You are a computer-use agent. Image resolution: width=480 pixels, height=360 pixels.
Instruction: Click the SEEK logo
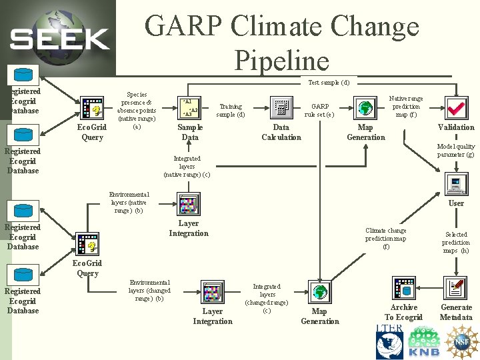(x=60, y=39)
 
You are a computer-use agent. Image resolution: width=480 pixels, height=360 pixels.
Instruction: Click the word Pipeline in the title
(x=282, y=61)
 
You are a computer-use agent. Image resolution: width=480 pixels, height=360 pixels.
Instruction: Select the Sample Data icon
(x=190, y=107)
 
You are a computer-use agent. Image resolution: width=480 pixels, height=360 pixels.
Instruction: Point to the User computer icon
(x=456, y=183)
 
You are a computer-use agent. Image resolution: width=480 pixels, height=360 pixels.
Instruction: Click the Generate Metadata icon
(x=456, y=289)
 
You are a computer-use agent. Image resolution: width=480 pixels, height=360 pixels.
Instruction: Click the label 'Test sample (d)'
(x=329, y=83)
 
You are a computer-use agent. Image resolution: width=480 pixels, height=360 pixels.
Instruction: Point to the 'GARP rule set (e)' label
(x=320, y=110)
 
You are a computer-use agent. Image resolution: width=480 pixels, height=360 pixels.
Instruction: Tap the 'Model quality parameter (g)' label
(x=456, y=151)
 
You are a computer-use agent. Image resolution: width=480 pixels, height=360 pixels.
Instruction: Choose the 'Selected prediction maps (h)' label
(x=456, y=243)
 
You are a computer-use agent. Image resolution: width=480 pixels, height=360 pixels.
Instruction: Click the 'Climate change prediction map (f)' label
(x=386, y=239)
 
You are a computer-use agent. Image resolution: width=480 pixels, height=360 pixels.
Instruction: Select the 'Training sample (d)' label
(x=231, y=110)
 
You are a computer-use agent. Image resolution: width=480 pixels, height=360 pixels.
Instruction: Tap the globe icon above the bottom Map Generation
(x=320, y=291)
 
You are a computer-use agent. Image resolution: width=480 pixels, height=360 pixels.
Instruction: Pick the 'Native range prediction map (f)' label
(x=406, y=107)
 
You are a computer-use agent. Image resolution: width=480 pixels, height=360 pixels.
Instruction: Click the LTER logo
(x=389, y=341)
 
